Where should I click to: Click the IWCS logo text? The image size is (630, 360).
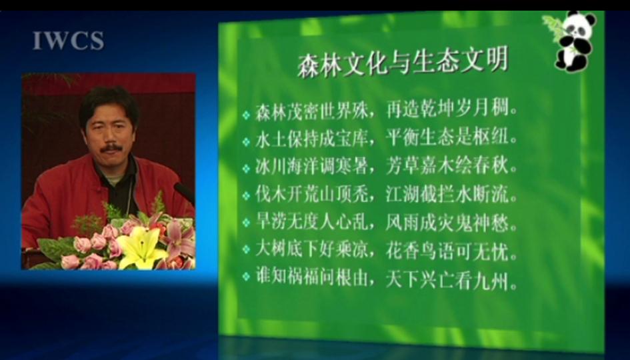[x=68, y=41]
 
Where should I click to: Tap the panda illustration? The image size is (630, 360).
[x=575, y=41]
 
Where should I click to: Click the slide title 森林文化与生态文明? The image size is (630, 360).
[x=403, y=62]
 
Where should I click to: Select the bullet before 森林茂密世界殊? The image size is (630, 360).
[x=246, y=115]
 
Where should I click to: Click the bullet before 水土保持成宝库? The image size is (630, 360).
[x=246, y=142]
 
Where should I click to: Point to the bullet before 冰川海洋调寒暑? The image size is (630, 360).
[x=246, y=169]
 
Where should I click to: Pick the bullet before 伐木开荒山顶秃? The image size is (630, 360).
[x=246, y=196]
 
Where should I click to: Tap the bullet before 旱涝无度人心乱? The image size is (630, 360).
[x=246, y=223]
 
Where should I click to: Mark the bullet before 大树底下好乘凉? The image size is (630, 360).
[x=246, y=250]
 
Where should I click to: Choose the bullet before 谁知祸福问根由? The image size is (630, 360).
[x=246, y=277]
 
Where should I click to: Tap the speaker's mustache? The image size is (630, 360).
[x=111, y=148]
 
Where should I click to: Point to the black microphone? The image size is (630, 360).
[x=185, y=193]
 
